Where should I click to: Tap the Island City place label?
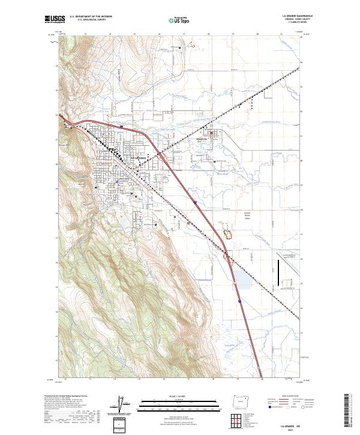click(201, 140)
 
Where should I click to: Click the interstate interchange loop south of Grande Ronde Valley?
click(230, 259)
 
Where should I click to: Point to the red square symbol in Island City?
click(211, 133)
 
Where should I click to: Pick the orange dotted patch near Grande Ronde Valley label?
click(227, 228)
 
